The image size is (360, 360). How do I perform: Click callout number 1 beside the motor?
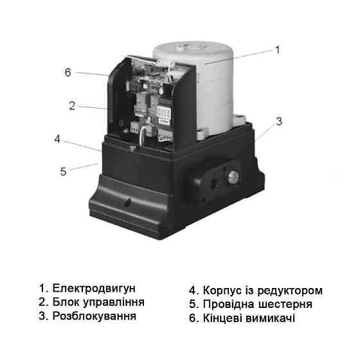278,49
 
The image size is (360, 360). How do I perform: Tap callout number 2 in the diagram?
73,105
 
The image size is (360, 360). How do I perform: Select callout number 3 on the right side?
278,120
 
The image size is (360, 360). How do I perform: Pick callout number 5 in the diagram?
62,172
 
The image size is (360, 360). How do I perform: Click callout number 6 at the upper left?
67,71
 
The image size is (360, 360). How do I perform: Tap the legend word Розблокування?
94,316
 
